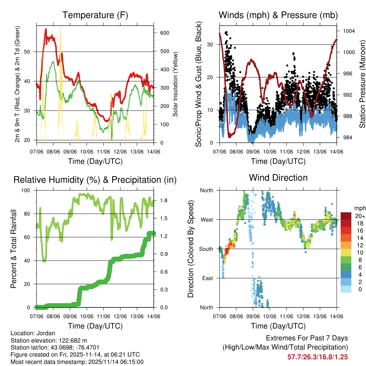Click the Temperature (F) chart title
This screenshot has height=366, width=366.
[x=95, y=15]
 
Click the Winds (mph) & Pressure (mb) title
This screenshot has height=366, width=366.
[x=278, y=15]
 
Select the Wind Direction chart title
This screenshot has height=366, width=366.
[x=278, y=177]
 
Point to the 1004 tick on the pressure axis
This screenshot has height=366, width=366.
[x=348, y=31]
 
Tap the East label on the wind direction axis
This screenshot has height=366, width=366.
[x=207, y=278]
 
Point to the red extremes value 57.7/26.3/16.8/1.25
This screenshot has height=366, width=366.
[x=317, y=357]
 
